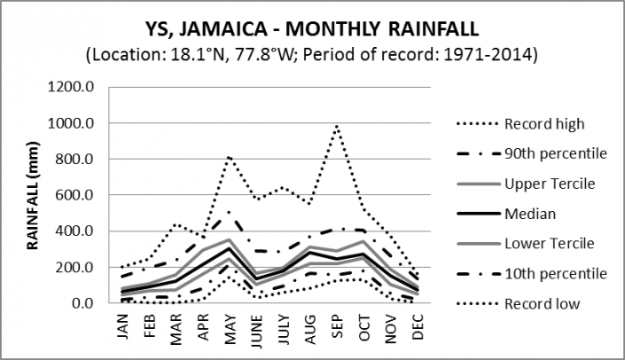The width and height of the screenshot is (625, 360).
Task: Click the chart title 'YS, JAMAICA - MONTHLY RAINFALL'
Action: coord(312,27)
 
